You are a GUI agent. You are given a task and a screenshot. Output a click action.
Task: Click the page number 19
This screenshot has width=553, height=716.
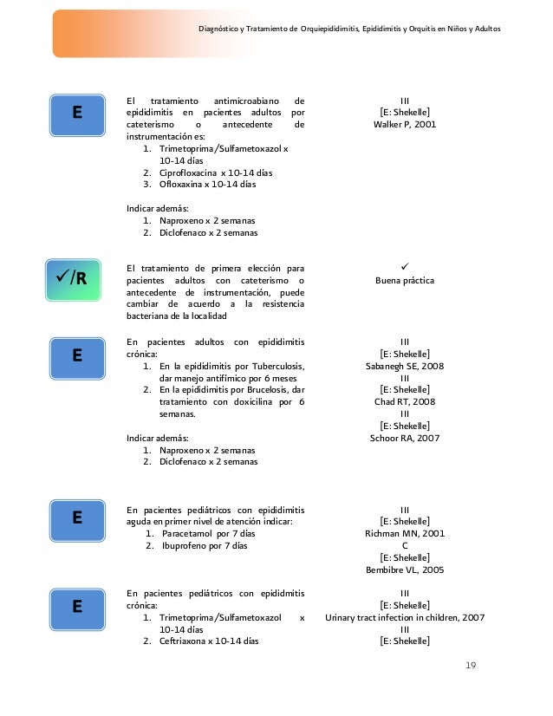(471, 665)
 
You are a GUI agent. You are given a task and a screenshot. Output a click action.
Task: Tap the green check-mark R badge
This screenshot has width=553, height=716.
(76, 277)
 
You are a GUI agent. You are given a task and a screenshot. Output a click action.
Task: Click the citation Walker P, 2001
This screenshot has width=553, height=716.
(405, 124)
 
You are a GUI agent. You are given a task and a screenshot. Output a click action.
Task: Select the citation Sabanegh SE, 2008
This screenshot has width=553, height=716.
(405, 366)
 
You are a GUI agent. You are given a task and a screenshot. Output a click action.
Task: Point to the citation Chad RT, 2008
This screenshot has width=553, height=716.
(405, 401)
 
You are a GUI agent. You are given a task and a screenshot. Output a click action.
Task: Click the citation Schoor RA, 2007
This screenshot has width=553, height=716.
(405, 438)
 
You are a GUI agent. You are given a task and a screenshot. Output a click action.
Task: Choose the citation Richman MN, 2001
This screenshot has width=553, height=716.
(405, 533)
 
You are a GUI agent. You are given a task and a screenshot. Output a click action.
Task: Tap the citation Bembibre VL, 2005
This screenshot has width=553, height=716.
(405, 570)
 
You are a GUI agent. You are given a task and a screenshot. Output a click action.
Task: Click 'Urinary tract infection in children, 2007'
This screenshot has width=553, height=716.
(405, 617)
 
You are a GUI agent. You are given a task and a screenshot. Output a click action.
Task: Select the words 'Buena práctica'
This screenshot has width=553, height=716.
(405, 281)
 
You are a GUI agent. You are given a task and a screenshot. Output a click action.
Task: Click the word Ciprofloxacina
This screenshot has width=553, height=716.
(187, 172)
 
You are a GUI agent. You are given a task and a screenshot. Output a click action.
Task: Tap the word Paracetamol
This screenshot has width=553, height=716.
(188, 533)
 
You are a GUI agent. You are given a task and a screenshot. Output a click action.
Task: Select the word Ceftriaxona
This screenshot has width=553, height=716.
(184, 641)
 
